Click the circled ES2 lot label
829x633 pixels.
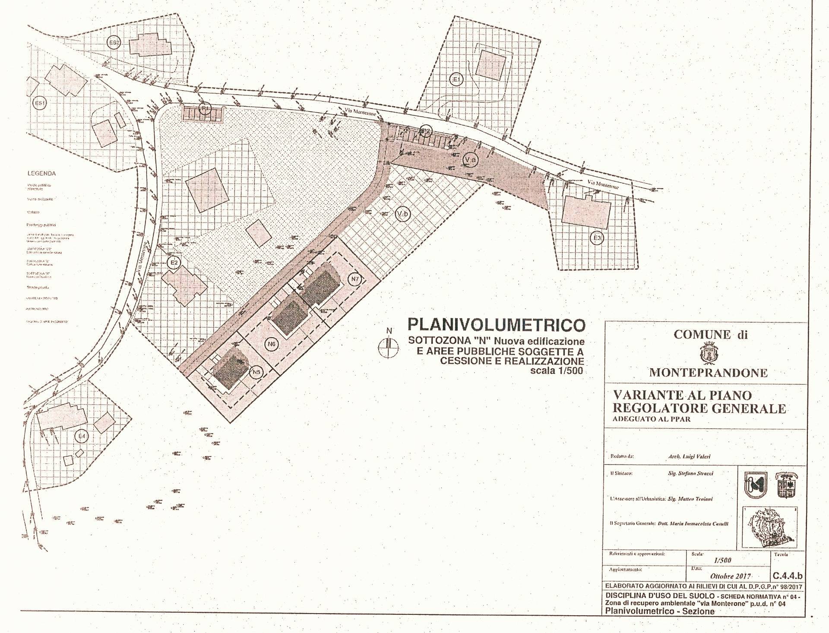[114, 42]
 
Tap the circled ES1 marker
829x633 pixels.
[40, 104]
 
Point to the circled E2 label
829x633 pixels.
[174, 263]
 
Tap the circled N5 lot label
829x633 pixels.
[257, 372]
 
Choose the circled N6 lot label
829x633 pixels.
[272, 344]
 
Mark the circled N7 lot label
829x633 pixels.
[355, 279]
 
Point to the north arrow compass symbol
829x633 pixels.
[389, 345]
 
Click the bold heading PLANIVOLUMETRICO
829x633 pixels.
[497, 325]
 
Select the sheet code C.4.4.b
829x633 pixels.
[788, 576]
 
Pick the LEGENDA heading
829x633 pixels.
[41, 174]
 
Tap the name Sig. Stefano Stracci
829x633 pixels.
[690, 473]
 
